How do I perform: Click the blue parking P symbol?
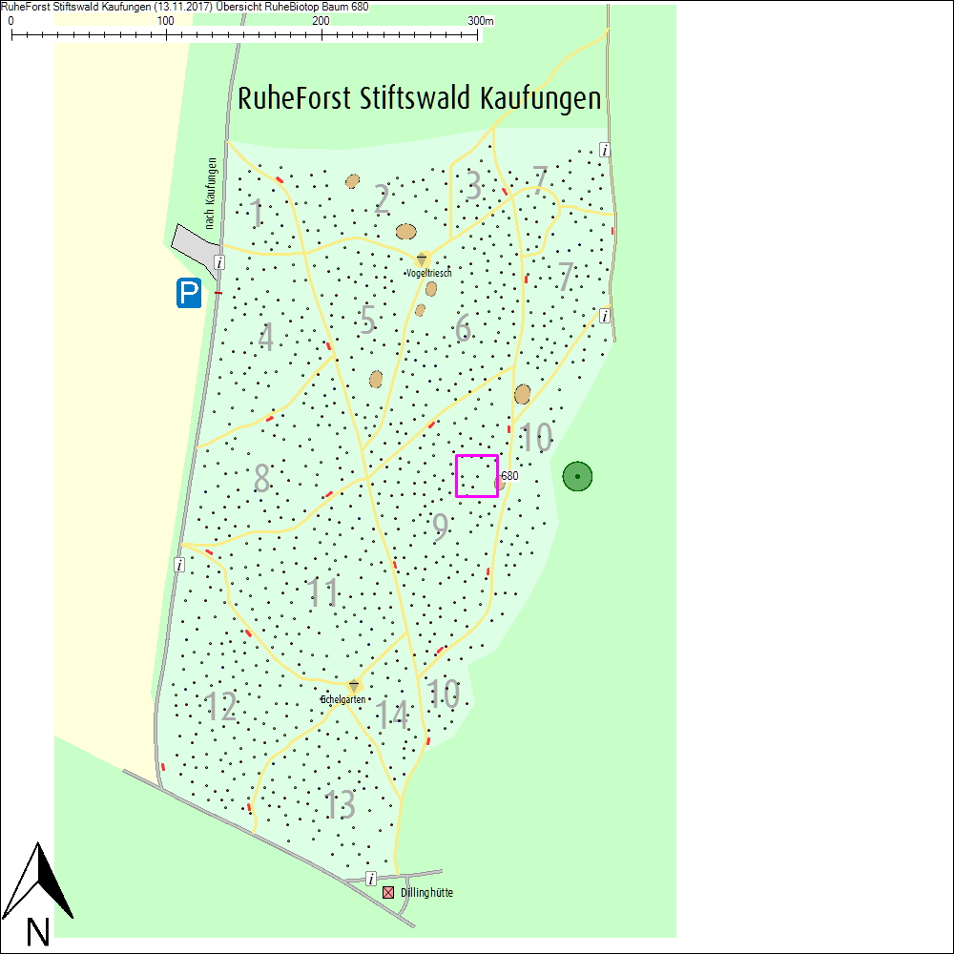tap(189, 293)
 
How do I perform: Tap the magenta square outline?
tap(477, 476)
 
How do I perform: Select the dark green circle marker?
tap(577, 476)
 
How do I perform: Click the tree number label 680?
tap(509, 475)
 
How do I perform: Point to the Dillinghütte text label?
tap(426, 893)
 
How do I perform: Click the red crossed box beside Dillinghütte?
tap(388, 893)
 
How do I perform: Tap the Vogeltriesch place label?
tap(428, 273)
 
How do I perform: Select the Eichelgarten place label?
tap(343, 699)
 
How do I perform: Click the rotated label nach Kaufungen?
tap(211, 193)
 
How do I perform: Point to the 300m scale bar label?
tap(481, 21)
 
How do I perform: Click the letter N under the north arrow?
tap(38, 931)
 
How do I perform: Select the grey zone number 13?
tap(341, 805)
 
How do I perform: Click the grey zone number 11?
tap(324, 593)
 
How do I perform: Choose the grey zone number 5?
tap(367, 320)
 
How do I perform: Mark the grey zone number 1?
tap(257, 214)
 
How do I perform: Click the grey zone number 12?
tap(220, 707)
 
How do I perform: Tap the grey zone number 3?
tap(473, 187)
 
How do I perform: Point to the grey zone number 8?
tap(261, 478)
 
